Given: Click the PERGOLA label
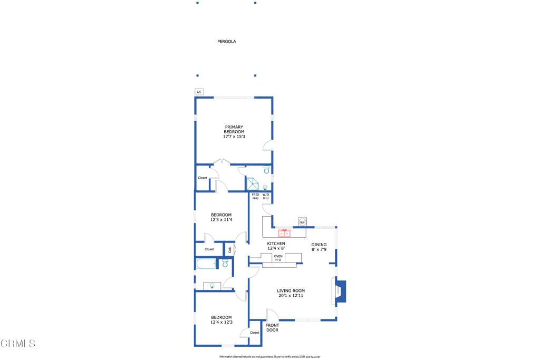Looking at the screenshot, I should pyautogui.click(x=226, y=41).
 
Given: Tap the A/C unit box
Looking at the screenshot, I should pyautogui.click(x=199, y=92).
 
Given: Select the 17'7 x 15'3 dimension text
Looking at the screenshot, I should pyautogui.click(x=234, y=137).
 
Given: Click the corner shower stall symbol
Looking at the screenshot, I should pyautogui.click(x=253, y=184).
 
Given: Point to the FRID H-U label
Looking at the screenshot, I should pyautogui.click(x=255, y=197).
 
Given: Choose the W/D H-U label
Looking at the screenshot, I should pyautogui.click(x=266, y=197).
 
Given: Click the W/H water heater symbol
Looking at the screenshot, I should pyautogui.click(x=302, y=222).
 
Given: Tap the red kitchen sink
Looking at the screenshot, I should pyautogui.click(x=284, y=232).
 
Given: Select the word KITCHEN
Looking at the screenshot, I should pyautogui.click(x=276, y=244).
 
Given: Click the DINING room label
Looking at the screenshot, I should pyautogui.click(x=319, y=245).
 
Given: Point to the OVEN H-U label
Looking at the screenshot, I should pyautogui.click(x=278, y=258).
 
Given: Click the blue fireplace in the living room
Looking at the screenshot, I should pyautogui.click(x=341, y=291).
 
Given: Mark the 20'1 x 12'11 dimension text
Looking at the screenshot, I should pyautogui.click(x=291, y=296).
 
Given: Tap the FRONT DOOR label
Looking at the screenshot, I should pyautogui.click(x=272, y=328).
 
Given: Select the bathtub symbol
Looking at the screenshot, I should pyautogui.click(x=206, y=264).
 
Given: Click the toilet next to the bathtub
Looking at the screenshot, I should pyautogui.click(x=225, y=264).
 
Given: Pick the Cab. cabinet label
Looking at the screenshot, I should pyautogui.click(x=229, y=249).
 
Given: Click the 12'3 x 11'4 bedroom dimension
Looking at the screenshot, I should pyautogui.click(x=221, y=220).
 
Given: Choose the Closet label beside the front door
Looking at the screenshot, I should pyautogui.click(x=254, y=333).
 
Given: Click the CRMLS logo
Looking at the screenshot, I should pyautogui.click(x=18, y=344).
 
